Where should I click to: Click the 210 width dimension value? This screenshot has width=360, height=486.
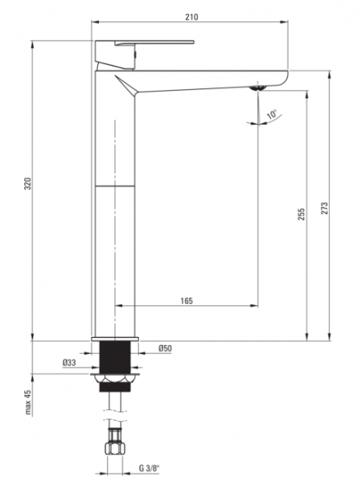coord(191,16)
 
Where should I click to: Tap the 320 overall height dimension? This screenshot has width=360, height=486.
coord(28,184)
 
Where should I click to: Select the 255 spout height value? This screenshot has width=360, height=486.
coord(302,214)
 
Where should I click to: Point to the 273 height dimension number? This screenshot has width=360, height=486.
coord(324,209)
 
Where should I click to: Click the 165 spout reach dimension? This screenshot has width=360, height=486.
coord(186,301)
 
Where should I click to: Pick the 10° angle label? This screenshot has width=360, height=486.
coord(272,114)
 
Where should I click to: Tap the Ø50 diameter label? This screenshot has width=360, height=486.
coord(165,348)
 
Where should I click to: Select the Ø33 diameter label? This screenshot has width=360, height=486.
coord(69,362)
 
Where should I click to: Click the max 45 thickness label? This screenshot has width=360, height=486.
coord(28,403)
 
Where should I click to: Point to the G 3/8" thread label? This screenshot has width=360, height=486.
coord(149,468)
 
